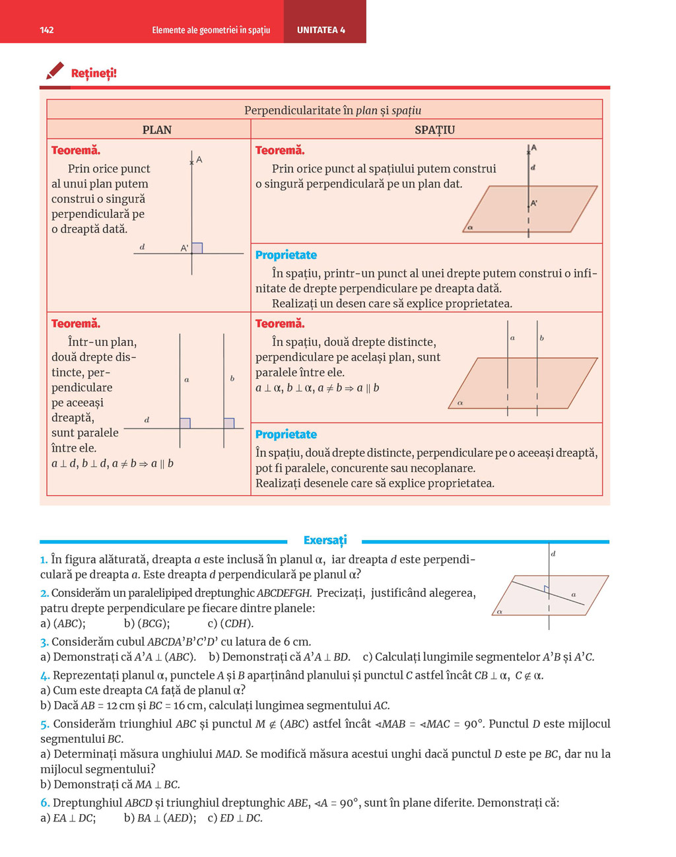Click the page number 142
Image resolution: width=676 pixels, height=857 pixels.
(x=47, y=30)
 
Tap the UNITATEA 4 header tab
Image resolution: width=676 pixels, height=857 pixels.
(x=321, y=30)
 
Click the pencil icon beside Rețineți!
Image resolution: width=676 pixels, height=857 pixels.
(x=55, y=71)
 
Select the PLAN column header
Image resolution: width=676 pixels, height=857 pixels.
(x=157, y=130)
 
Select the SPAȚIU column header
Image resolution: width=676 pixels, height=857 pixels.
(x=434, y=130)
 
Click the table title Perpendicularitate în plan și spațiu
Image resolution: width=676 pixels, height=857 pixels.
(x=333, y=110)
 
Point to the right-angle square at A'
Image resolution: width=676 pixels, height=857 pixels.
(x=197, y=248)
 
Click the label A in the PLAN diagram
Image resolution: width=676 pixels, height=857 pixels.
(x=199, y=160)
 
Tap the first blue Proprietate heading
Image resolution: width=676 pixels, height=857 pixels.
(x=286, y=255)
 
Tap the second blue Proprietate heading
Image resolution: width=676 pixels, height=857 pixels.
(x=286, y=434)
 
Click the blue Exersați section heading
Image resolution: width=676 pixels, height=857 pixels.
(x=325, y=540)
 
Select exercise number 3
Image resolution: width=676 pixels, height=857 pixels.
(x=44, y=642)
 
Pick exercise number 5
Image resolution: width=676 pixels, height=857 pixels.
(x=44, y=724)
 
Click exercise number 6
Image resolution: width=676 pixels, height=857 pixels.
(x=44, y=803)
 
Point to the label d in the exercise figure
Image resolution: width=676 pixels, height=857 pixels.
(x=553, y=554)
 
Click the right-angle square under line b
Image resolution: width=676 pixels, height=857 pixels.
(x=228, y=423)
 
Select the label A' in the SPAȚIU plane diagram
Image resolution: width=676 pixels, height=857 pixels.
(x=534, y=203)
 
